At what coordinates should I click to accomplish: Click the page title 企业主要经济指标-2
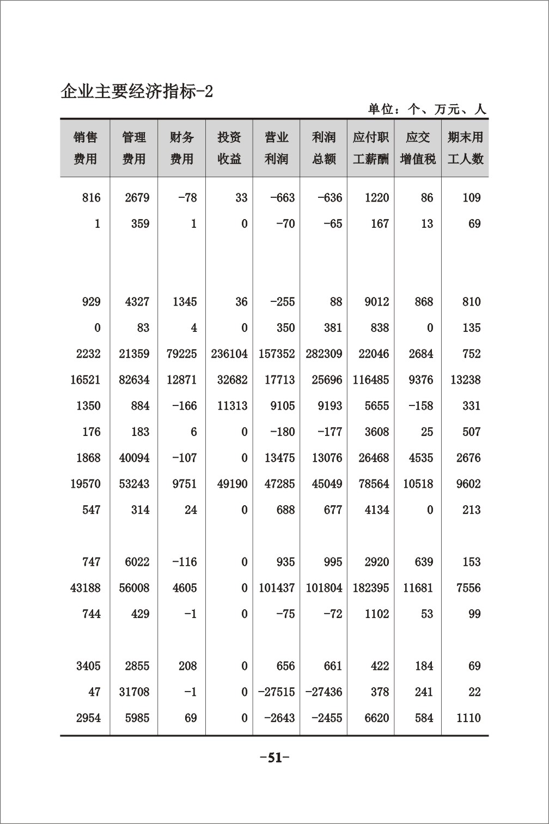click(x=137, y=92)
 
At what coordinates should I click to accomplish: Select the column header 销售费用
click(x=85, y=148)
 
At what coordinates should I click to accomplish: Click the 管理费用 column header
click(x=133, y=148)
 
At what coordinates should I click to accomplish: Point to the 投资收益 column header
click(x=229, y=148)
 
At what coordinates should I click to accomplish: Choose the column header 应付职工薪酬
click(x=371, y=148)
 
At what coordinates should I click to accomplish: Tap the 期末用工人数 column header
click(x=465, y=148)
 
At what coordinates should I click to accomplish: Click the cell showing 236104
click(x=229, y=354)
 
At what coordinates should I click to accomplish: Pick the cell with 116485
click(x=371, y=380)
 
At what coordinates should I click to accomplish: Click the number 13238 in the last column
click(x=466, y=380)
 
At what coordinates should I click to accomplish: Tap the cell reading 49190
click(x=232, y=484)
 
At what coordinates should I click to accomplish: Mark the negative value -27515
click(x=277, y=692)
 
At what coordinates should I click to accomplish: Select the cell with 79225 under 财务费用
click(x=182, y=354)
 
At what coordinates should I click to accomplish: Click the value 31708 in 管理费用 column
click(x=134, y=692)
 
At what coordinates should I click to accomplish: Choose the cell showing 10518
click(x=418, y=484)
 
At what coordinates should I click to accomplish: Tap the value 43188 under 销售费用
click(x=86, y=588)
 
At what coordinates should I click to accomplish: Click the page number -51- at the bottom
click(x=274, y=758)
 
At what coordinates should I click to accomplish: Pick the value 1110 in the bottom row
click(x=468, y=718)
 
